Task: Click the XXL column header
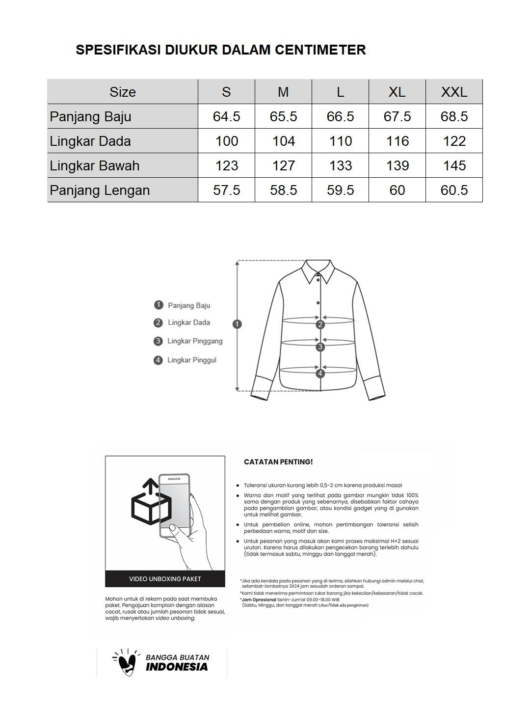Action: click(454, 92)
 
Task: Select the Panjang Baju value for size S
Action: click(226, 116)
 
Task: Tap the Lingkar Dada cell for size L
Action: click(340, 141)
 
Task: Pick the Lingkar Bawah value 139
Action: click(397, 165)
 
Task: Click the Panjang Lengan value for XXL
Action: click(454, 190)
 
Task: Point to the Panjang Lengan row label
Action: click(100, 190)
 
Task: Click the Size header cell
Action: click(123, 92)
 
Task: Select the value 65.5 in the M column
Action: click(283, 116)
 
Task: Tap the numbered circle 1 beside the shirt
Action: click(238, 324)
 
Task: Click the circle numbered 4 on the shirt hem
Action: click(320, 373)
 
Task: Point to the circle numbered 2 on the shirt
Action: click(320, 324)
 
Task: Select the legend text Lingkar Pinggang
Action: click(195, 341)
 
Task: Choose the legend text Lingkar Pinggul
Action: click(191, 360)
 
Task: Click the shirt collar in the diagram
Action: click(318, 271)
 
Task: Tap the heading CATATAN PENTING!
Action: click(278, 462)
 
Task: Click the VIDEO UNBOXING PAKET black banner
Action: click(165, 579)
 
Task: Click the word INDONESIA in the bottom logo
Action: click(177, 667)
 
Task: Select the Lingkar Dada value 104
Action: click(283, 141)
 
